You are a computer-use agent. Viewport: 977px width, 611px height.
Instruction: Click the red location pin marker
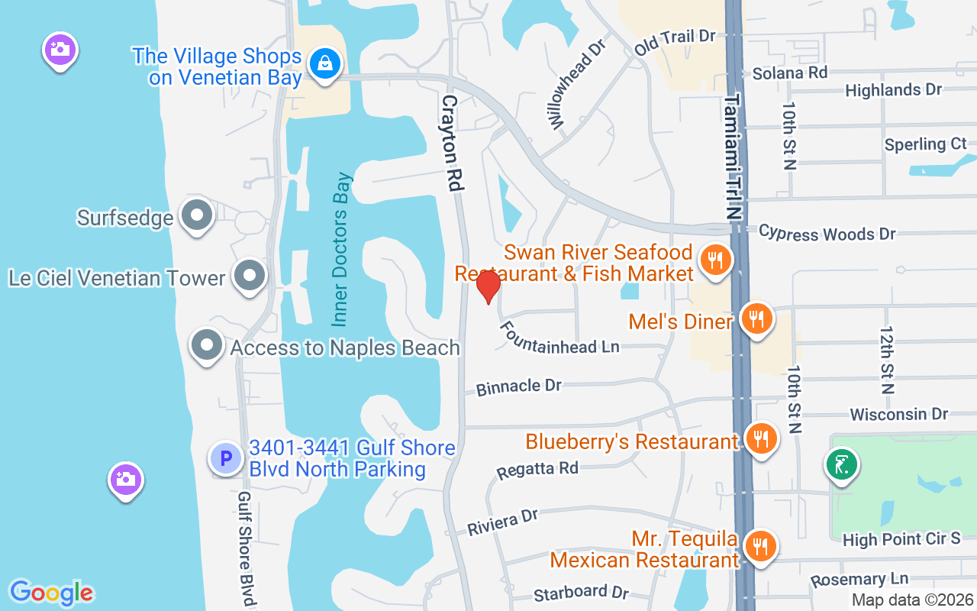(x=488, y=286)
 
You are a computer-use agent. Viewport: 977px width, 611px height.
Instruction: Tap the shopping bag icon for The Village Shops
(x=325, y=65)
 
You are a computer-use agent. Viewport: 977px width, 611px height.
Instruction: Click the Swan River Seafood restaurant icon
(x=714, y=261)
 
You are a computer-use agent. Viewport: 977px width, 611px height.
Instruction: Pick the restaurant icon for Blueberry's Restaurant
(x=760, y=439)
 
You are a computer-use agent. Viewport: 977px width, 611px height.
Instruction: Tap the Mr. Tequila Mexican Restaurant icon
(x=759, y=546)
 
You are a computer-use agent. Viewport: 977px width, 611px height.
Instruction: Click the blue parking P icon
(x=226, y=458)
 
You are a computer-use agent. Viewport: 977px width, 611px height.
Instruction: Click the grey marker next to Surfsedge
(x=197, y=217)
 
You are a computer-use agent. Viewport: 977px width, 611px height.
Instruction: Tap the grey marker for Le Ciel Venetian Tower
(x=249, y=276)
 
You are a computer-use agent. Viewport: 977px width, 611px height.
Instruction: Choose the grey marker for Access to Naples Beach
(x=206, y=346)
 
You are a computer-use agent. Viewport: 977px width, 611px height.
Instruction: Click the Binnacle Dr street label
(x=519, y=387)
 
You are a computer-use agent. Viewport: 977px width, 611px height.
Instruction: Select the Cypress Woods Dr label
(x=827, y=233)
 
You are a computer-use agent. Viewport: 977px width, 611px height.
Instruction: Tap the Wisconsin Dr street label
(x=898, y=414)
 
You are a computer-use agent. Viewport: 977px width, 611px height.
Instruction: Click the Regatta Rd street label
(x=537, y=469)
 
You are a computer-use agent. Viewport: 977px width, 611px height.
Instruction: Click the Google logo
(x=51, y=593)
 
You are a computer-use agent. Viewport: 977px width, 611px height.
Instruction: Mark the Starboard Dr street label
(x=581, y=593)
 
